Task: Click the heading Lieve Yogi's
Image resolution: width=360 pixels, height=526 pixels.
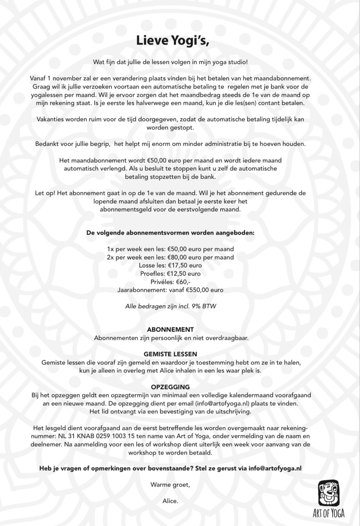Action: tap(172, 40)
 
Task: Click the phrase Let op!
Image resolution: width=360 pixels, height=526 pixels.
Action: tap(45, 193)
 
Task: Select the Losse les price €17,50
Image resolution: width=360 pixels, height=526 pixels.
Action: tap(179, 265)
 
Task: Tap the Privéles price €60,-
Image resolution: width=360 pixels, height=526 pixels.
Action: tap(183, 282)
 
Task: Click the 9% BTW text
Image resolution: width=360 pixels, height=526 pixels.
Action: tap(206, 306)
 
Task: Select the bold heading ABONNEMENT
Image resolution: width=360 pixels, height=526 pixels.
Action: tap(170, 329)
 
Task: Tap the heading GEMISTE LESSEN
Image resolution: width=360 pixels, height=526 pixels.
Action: tap(170, 354)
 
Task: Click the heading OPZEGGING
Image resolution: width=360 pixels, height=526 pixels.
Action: tap(170, 387)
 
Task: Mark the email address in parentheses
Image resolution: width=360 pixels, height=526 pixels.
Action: tap(223, 403)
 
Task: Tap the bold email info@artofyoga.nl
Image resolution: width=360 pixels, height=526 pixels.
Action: tap(275, 468)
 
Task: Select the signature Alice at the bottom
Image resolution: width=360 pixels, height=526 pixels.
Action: tap(170, 501)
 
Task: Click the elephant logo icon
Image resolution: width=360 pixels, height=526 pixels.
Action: tap(328, 493)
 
